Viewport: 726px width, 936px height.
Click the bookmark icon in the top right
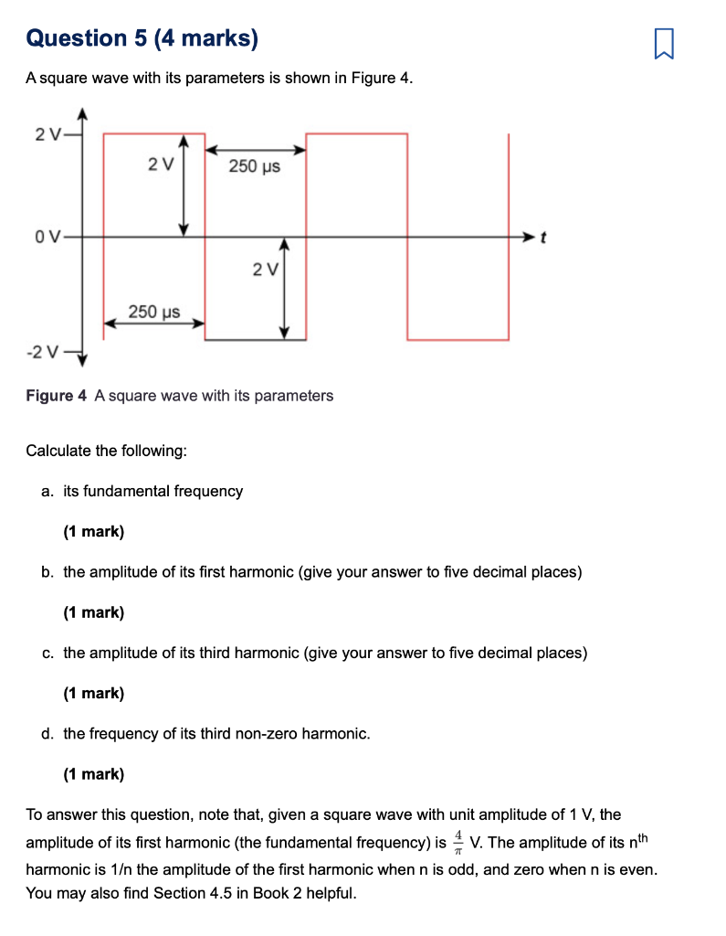(664, 43)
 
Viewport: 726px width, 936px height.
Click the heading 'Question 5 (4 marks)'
(142, 38)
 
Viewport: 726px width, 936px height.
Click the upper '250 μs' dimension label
(254, 167)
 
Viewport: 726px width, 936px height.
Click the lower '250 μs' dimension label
(153, 312)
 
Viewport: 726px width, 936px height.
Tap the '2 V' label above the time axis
(159, 165)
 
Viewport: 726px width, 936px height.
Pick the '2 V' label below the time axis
(263, 269)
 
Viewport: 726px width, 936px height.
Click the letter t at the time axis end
(545, 238)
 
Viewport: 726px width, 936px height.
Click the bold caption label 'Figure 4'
(56, 396)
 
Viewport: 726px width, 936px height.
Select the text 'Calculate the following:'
(106, 451)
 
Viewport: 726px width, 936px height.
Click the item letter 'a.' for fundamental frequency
(48, 492)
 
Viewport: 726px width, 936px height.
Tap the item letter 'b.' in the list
(48, 572)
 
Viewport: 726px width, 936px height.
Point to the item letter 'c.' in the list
(48, 654)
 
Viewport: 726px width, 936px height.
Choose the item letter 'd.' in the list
(48, 734)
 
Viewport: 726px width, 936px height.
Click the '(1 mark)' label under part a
(93, 532)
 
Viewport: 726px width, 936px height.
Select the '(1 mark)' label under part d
(93, 774)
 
